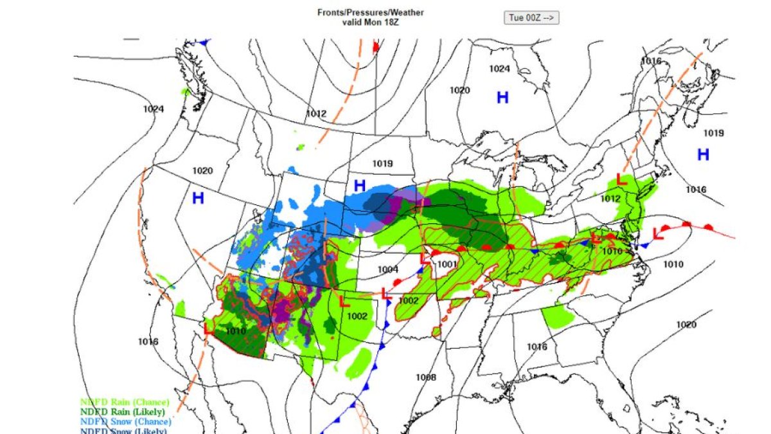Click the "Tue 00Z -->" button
pyautogui.click(x=531, y=18)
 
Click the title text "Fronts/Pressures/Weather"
pyautogui.click(x=371, y=12)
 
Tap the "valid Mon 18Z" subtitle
pyautogui.click(x=371, y=21)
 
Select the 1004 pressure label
pyautogui.click(x=388, y=269)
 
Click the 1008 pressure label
pyautogui.click(x=425, y=377)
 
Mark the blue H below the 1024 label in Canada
pyautogui.click(x=502, y=97)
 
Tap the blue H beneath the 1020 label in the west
pyautogui.click(x=198, y=198)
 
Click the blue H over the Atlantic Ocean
pyautogui.click(x=704, y=154)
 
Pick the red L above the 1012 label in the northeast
pyautogui.click(x=621, y=179)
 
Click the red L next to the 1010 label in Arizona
pyautogui.click(x=208, y=328)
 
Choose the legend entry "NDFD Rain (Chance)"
pyautogui.click(x=125, y=402)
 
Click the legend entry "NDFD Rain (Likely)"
pyautogui.click(x=123, y=411)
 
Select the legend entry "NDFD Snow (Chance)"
pyautogui.click(x=125, y=421)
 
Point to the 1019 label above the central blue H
pyautogui.click(x=382, y=164)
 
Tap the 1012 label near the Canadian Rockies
pyautogui.click(x=316, y=114)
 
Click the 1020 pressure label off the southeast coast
pyautogui.click(x=686, y=325)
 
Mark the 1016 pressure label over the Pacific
pyautogui.click(x=148, y=341)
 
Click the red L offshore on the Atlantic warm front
pyautogui.click(x=657, y=233)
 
